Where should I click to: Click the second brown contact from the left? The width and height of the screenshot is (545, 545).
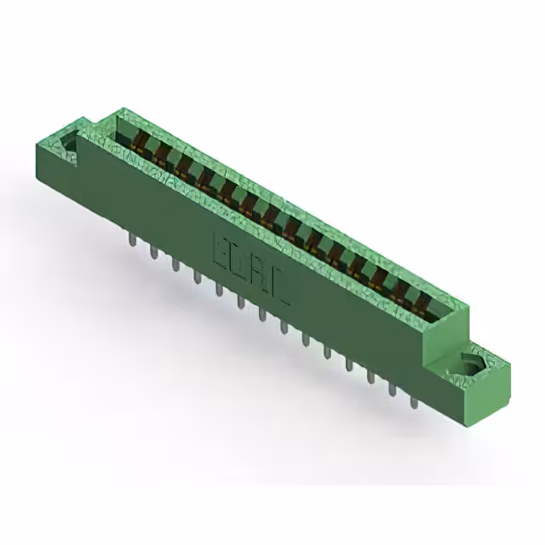158,150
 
